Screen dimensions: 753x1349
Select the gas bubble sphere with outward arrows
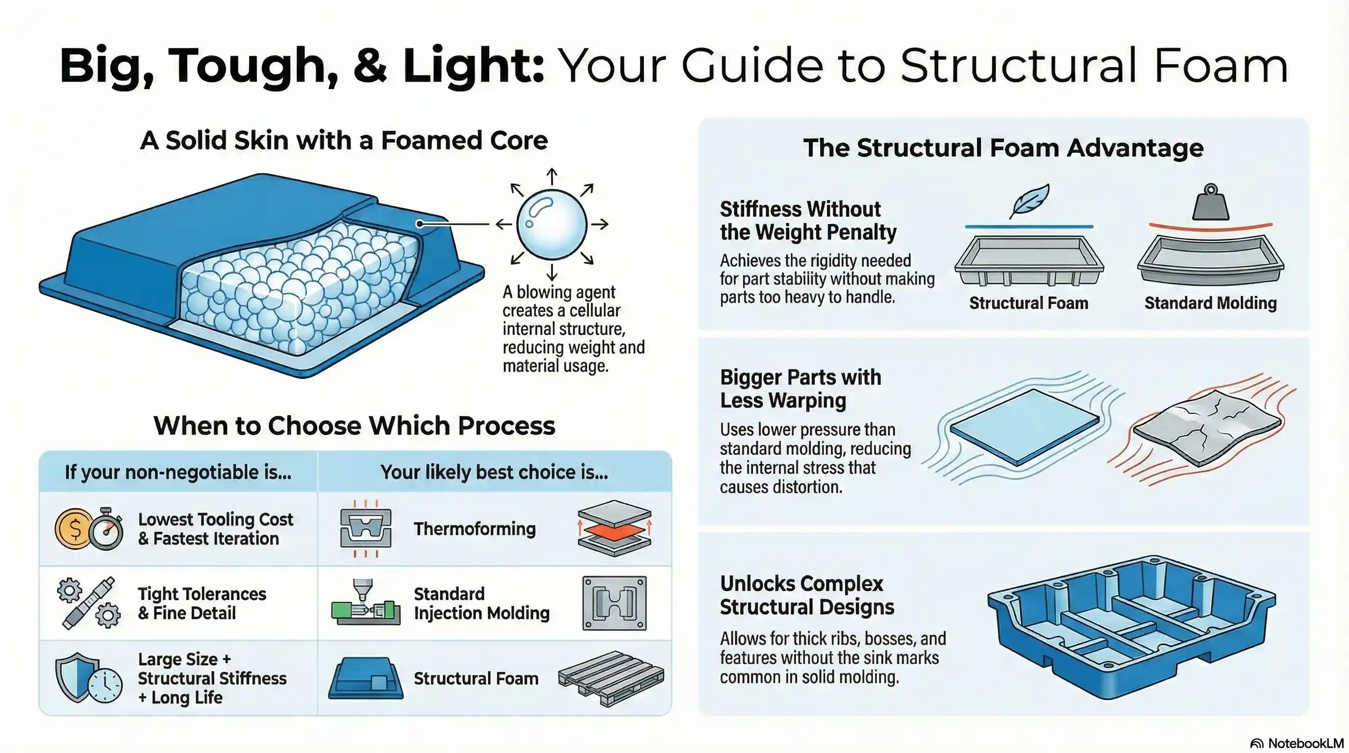(x=551, y=224)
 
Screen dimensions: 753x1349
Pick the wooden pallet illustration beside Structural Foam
(x=611, y=678)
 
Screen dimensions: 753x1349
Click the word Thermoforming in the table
(x=475, y=529)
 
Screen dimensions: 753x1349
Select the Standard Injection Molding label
(x=481, y=603)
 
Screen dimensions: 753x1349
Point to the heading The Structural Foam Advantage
(x=1003, y=148)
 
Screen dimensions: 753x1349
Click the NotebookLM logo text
(x=1305, y=744)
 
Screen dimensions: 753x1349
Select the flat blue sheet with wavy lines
(x=1024, y=427)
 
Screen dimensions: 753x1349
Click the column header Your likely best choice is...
(x=494, y=472)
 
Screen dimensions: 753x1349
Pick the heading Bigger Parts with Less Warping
(x=800, y=389)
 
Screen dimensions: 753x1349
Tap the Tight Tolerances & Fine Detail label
(x=201, y=603)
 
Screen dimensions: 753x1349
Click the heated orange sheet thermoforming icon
(x=614, y=529)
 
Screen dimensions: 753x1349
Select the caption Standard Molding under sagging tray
(x=1210, y=302)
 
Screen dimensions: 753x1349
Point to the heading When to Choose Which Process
(x=354, y=425)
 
